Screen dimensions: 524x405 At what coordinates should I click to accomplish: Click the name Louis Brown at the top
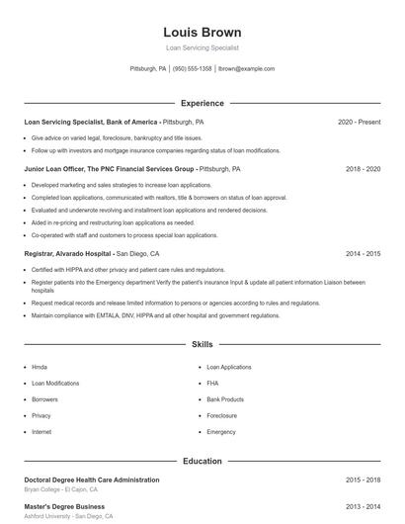pyautogui.click(x=202, y=32)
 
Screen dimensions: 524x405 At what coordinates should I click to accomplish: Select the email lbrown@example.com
pyautogui.click(x=246, y=69)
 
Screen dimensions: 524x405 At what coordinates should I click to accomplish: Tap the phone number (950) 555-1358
pyautogui.click(x=193, y=69)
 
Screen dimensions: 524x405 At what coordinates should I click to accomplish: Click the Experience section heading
pyautogui.click(x=202, y=103)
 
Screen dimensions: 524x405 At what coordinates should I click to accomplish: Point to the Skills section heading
pyautogui.click(x=202, y=344)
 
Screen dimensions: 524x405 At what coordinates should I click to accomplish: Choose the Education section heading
pyautogui.click(x=202, y=461)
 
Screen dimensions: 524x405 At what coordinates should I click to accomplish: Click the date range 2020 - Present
pyautogui.click(x=359, y=122)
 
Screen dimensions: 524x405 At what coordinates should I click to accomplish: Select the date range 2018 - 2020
pyautogui.click(x=363, y=169)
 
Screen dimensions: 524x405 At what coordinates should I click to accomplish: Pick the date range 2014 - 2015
pyautogui.click(x=363, y=254)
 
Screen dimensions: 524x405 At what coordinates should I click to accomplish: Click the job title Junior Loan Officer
pyautogui.click(x=54, y=169)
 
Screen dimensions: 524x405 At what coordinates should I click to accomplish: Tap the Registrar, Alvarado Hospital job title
pyautogui.click(x=67, y=254)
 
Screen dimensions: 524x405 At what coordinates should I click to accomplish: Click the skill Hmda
pyautogui.click(x=40, y=367)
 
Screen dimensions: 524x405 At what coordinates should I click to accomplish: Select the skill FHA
pyautogui.click(x=212, y=383)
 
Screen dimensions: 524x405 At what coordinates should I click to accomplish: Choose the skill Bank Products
pyautogui.click(x=225, y=399)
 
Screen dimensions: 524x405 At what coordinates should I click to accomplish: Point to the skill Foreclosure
pyautogui.click(x=222, y=415)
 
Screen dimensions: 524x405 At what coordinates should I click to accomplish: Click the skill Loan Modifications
pyautogui.click(x=55, y=383)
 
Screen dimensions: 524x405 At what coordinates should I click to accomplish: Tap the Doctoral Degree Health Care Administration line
pyautogui.click(x=91, y=480)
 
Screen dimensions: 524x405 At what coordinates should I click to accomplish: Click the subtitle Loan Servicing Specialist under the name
pyautogui.click(x=202, y=47)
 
